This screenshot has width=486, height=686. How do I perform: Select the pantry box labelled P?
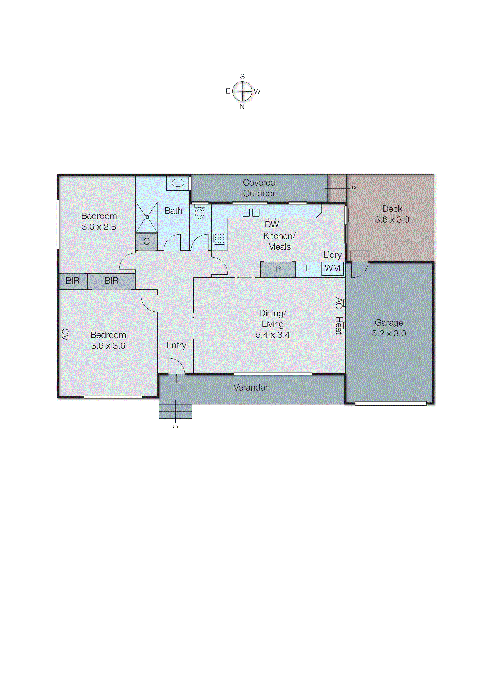[278, 269]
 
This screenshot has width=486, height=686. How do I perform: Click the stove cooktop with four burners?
[219, 238]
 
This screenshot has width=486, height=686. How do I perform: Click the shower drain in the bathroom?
[147, 217]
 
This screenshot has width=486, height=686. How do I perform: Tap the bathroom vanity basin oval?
[178, 183]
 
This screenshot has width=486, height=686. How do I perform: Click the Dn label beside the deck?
[355, 188]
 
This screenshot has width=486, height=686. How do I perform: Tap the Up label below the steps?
[175, 427]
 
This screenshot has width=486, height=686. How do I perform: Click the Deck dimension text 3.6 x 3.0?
[392, 220]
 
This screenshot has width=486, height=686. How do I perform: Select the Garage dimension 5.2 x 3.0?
[389, 333]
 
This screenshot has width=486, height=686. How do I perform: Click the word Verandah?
[251, 388]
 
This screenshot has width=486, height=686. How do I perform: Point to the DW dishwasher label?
[272, 224]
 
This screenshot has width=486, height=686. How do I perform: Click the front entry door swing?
[176, 366]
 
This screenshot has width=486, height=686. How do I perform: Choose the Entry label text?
[176, 345]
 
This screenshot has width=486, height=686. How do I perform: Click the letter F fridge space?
[308, 268]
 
